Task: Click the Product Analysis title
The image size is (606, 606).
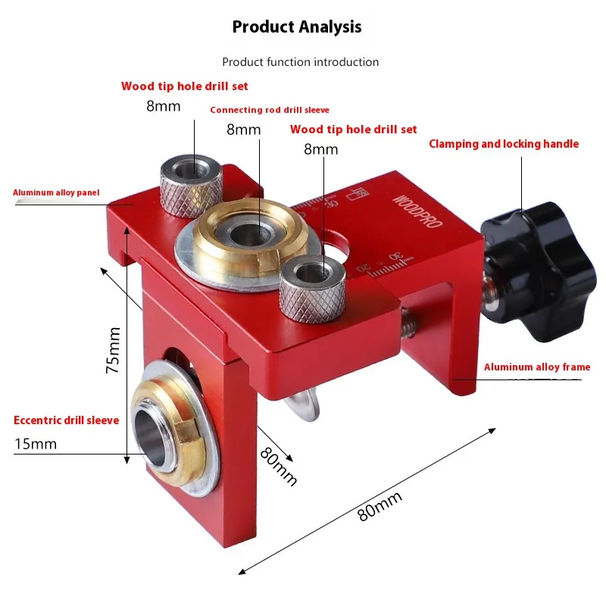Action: [297, 27]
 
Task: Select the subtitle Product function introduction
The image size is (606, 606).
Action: [300, 62]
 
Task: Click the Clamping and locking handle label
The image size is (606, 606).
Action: [504, 144]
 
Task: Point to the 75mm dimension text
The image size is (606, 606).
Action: [113, 350]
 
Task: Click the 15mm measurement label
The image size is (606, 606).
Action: [35, 444]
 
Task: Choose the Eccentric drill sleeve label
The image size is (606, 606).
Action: [66, 420]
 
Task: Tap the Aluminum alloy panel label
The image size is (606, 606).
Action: [56, 192]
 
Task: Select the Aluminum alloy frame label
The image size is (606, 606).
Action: [537, 367]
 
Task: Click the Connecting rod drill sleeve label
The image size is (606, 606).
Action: [270, 110]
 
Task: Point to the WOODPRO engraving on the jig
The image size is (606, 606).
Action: [417, 211]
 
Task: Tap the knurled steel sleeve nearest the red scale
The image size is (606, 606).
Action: [312, 289]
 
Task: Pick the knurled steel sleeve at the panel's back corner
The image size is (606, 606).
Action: [192, 186]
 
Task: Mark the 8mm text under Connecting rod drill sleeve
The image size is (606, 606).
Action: [243, 130]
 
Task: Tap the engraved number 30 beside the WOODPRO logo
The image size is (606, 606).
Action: [396, 256]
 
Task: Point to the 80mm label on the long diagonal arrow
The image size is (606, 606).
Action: [380, 506]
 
